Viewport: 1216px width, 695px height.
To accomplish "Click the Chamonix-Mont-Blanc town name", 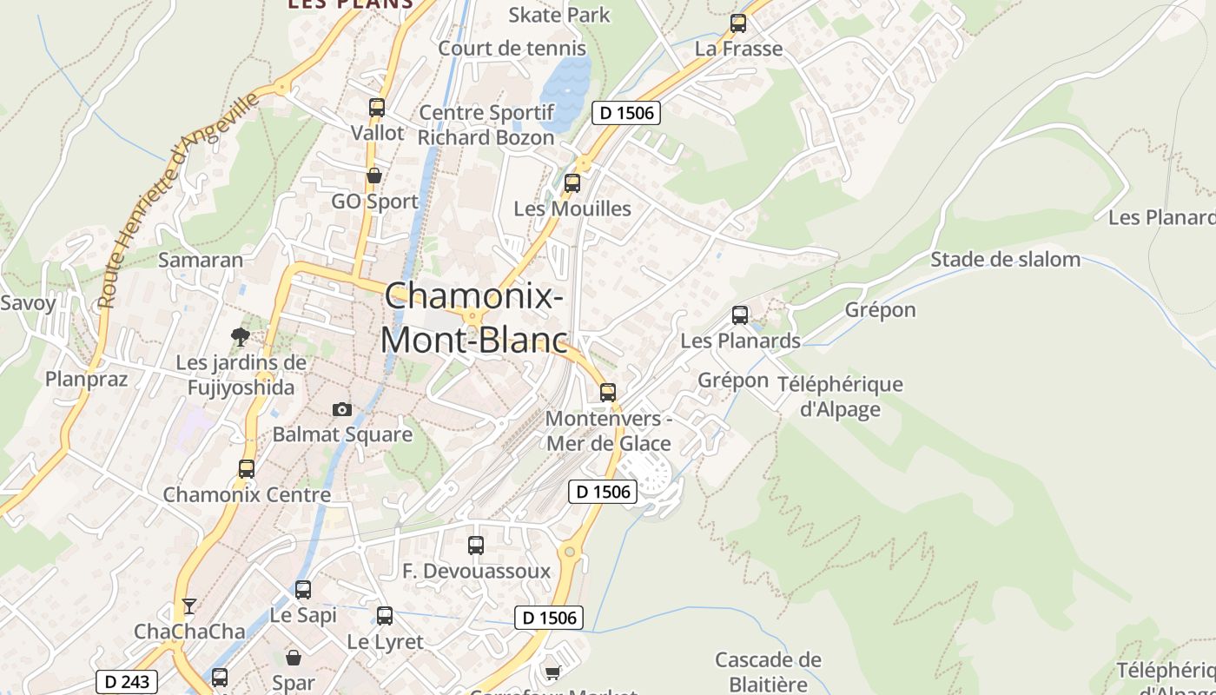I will pos(473,318).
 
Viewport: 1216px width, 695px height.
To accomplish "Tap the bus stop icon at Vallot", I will pos(376,108).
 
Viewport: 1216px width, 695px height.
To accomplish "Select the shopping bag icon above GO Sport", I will pos(374,176).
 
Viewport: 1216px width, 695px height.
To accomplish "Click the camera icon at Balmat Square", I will pos(342,409).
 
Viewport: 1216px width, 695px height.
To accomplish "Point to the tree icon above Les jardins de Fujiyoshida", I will pos(241,336).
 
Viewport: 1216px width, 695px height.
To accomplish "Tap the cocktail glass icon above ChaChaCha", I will pos(189,606).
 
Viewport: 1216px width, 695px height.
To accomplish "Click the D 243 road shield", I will pos(127,682).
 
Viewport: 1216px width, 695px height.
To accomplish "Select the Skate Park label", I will pos(558,15).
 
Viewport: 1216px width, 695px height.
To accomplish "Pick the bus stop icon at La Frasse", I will pos(738,23).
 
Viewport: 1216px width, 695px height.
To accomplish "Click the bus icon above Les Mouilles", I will pos(572,183).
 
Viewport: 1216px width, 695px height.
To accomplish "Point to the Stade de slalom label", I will pos(1005,259).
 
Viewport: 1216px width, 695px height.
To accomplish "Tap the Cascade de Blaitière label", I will pos(767,672).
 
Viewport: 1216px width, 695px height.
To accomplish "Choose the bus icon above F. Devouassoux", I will pos(475,546).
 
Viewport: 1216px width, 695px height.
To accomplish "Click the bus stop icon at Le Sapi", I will pos(302,590).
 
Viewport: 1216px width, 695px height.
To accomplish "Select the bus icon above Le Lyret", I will pos(384,616).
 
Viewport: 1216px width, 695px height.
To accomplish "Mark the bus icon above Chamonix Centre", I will pos(246,469).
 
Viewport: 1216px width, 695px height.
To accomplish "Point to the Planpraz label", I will pos(86,379).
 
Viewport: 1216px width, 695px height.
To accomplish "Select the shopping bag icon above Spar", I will pos(294,658).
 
